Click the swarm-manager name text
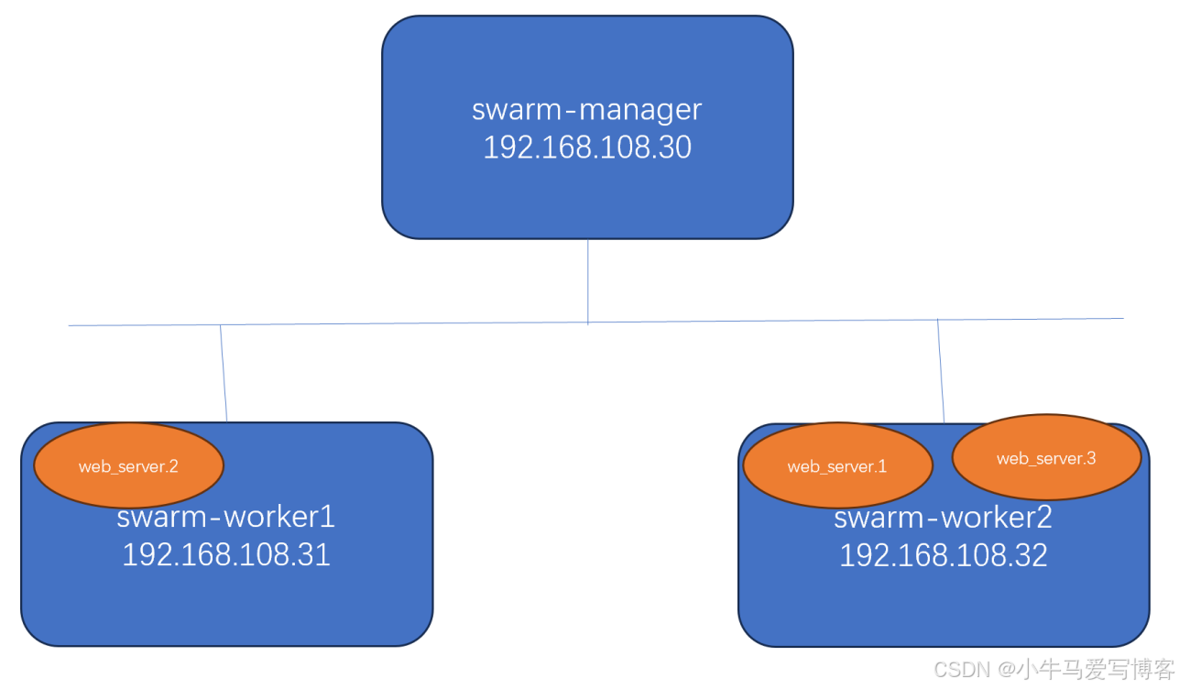pos(586,109)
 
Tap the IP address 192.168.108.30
pos(586,148)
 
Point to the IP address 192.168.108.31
pos(226,554)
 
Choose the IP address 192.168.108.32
pos(944,555)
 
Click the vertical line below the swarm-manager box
pos(587,279)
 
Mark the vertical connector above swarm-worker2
pos(941,371)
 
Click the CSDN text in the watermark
pos(962,670)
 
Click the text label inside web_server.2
pos(128,466)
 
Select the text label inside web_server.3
pos(1046,458)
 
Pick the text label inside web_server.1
pos(837,466)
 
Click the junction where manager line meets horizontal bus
pos(587,323)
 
